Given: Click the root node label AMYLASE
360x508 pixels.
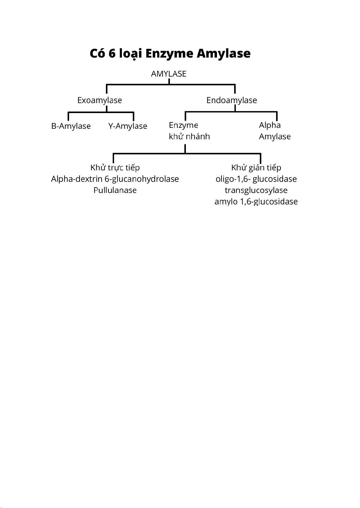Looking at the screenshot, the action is [169, 74].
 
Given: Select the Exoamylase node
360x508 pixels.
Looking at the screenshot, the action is [100, 100].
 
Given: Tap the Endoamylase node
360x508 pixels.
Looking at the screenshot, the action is [231, 100].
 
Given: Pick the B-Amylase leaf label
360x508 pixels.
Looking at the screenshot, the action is [71, 126].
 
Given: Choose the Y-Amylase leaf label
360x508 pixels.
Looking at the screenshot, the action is [128, 126].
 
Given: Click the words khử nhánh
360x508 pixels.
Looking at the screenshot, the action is [189, 137].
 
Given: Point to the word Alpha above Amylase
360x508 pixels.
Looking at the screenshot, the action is [270, 125].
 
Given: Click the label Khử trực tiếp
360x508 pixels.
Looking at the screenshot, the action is [115, 168].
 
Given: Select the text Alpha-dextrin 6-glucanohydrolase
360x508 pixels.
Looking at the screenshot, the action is [115, 179].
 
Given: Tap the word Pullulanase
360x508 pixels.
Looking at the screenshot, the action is [115, 190].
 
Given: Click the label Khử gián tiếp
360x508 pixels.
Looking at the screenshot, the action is [256, 168].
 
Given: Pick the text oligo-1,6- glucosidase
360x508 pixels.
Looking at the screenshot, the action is [256, 179].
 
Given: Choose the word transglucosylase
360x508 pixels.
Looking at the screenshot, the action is [256, 191].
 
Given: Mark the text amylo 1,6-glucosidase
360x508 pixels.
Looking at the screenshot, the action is [256, 202].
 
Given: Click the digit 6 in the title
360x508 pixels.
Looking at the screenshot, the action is [112, 54].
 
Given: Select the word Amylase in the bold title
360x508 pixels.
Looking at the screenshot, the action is [224, 54].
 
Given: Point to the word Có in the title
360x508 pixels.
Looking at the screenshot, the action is [97, 53].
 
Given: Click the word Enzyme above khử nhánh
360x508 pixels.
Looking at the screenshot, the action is [183, 125].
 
